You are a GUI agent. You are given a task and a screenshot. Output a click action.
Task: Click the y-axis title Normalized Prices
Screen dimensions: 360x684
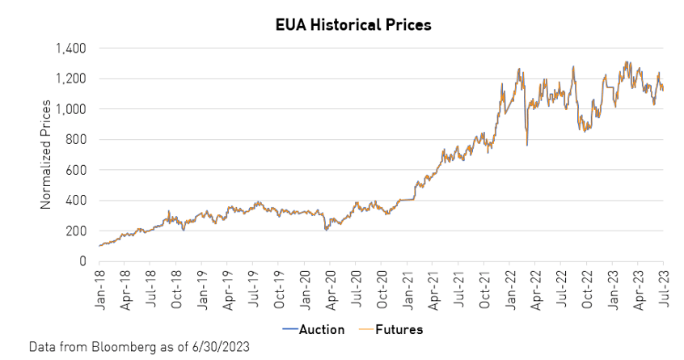(x=46, y=154)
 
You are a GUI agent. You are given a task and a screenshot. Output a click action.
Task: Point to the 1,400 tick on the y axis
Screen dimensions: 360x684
(x=71, y=49)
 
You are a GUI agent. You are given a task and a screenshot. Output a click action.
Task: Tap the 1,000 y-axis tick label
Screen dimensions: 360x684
(x=71, y=109)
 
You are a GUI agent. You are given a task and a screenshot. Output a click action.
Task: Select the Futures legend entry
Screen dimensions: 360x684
(x=400, y=330)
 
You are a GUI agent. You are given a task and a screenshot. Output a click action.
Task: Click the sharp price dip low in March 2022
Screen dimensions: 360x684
(x=527, y=145)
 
